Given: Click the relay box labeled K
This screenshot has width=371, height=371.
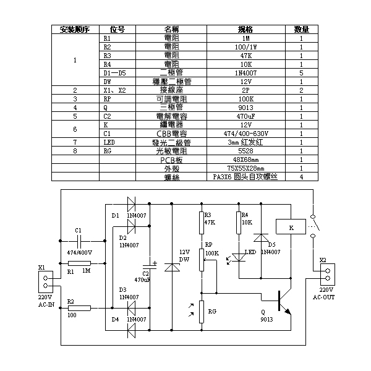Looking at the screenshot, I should coord(291,228).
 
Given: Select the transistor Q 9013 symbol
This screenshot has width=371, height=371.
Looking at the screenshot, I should coord(283,304).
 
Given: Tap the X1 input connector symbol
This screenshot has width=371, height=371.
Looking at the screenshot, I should coord(43,282).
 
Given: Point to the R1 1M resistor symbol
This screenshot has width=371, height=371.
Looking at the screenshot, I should coord(80,264).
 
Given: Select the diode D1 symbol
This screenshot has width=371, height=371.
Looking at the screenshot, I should coord(131,202).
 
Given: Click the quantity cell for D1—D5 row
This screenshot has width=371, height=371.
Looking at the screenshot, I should coord(301,72).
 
